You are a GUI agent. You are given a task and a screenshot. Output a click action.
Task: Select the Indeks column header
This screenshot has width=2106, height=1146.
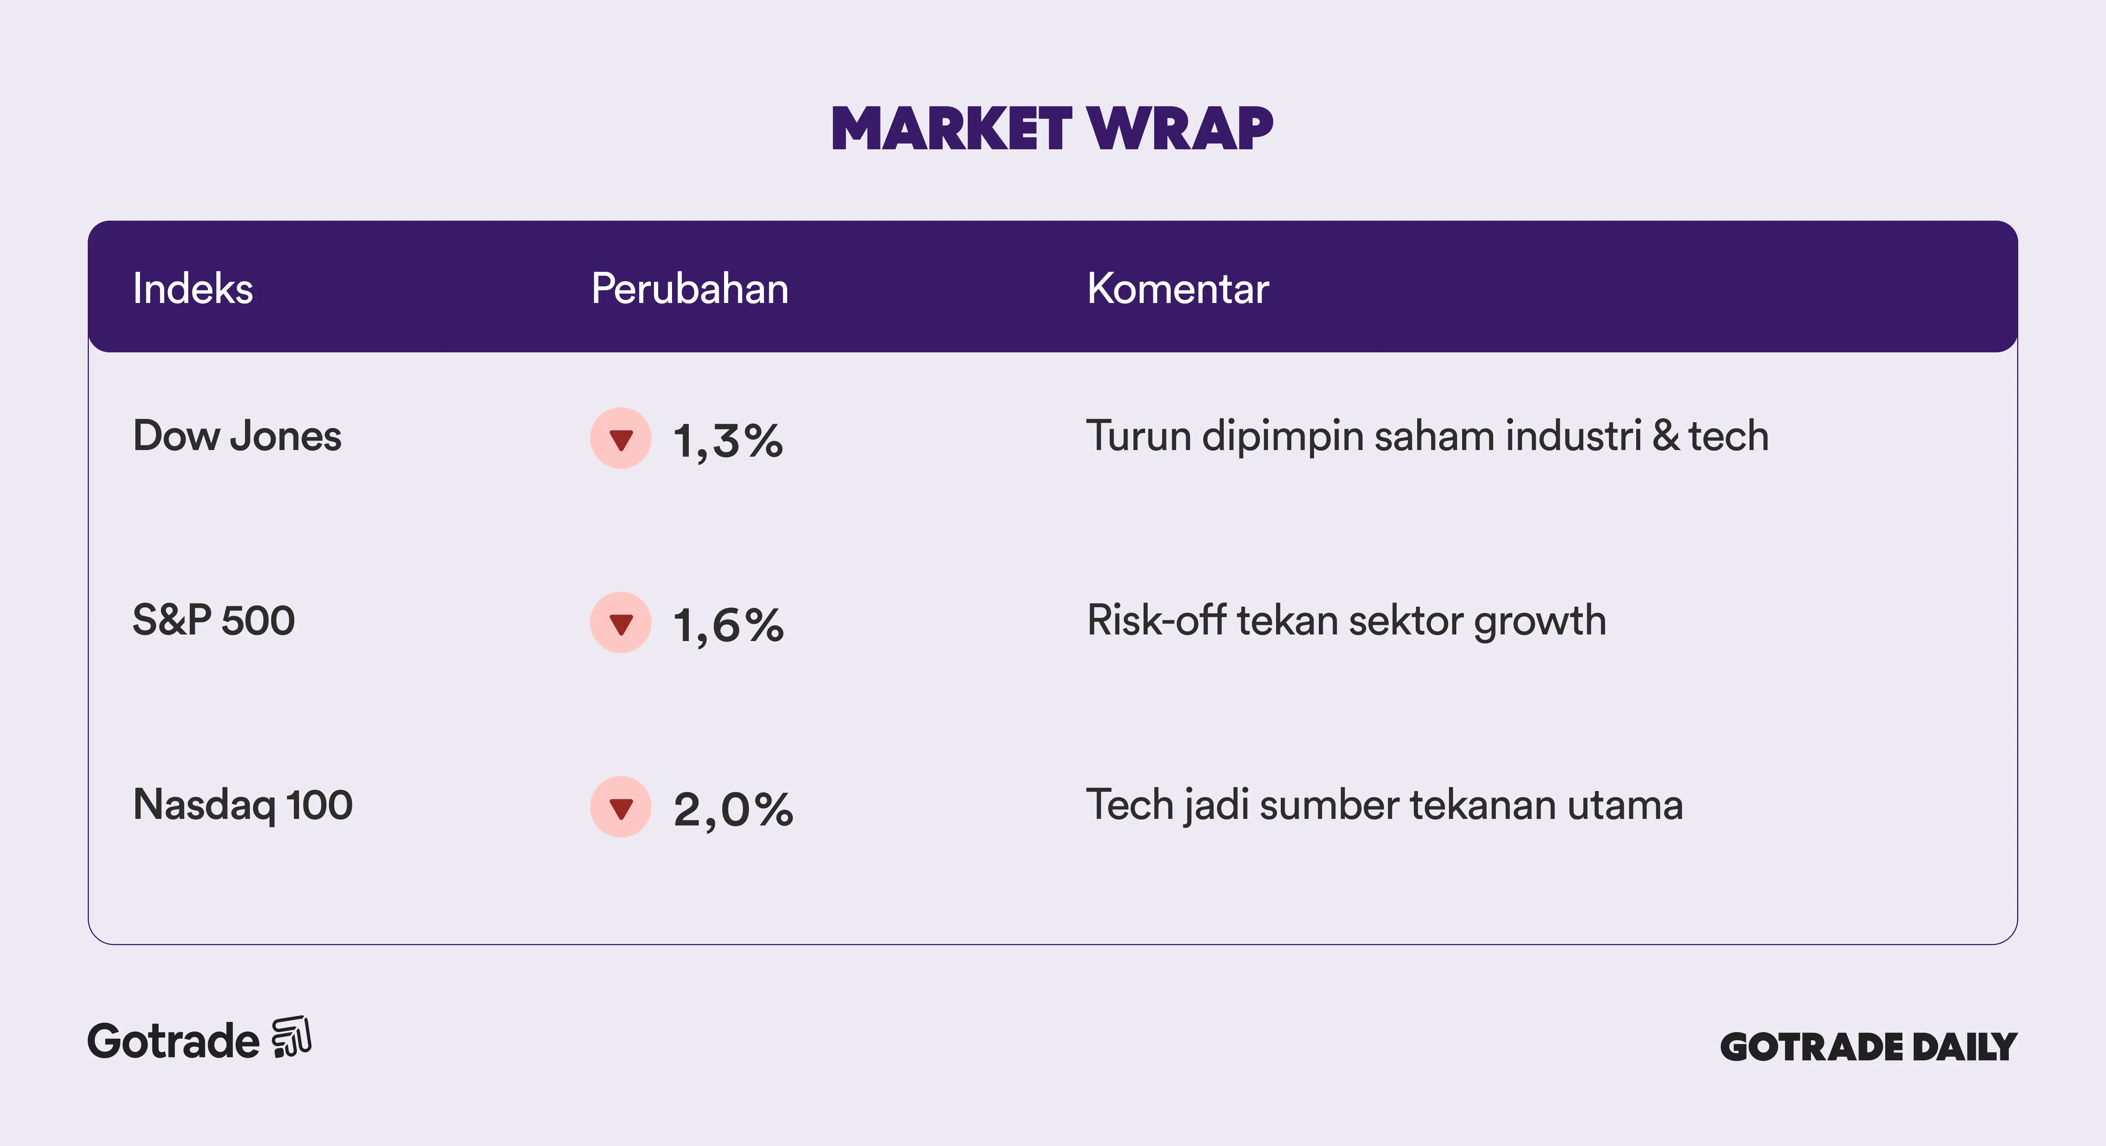pos(193,289)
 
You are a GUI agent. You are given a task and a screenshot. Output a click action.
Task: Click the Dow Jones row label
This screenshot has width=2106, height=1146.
pos(237,436)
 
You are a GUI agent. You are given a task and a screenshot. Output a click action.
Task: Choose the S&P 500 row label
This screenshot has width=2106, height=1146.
pos(214,620)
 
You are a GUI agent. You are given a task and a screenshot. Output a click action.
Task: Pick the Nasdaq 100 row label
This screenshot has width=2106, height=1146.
pos(243,805)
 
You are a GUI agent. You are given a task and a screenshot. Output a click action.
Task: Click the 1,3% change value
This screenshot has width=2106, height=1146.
pos(728,442)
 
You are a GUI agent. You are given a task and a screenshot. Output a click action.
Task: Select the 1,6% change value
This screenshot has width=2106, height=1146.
pos(728,626)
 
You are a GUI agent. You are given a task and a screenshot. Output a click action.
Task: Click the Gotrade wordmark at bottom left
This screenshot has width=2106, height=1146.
pos(173,1041)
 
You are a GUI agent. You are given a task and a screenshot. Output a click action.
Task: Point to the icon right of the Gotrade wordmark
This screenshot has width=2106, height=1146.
pos(292,1037)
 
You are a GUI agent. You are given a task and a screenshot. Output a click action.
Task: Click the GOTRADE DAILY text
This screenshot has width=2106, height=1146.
pos(1869,1047)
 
